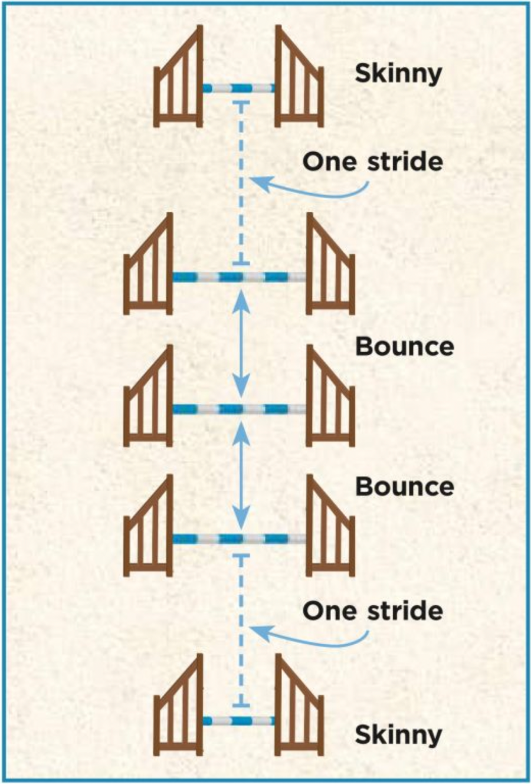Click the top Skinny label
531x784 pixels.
tap(398, 74)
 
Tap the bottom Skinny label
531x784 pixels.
tap(398, 735)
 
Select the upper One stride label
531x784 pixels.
tap(373, 162)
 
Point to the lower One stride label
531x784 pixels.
tap(373, 611)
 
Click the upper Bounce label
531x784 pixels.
tap(405, 346)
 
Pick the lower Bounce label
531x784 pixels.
tap(405, 487)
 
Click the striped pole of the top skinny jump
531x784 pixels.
tap(239, 88)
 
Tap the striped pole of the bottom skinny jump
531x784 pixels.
tap(239, 721)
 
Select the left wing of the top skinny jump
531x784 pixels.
tap(178, 83)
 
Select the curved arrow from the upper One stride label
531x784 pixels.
tap(313, 189)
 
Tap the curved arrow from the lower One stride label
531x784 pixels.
tap(313, 637)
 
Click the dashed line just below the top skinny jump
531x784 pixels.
tap(240, 177)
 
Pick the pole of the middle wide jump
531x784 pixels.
tap(239, 408)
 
